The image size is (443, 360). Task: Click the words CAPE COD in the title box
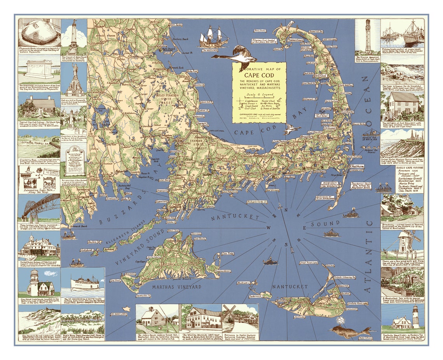(x=259, y=75)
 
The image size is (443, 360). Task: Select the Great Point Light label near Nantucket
(x=309, y=263)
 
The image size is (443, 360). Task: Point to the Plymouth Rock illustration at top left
(x=39, y=33)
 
